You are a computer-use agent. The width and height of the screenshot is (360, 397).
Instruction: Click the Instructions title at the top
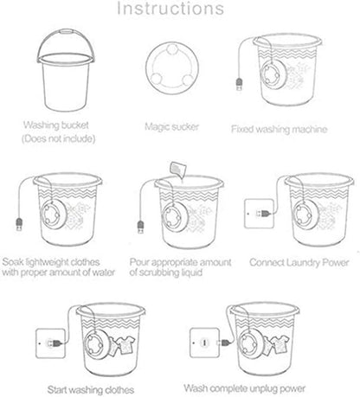click(179, 11)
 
